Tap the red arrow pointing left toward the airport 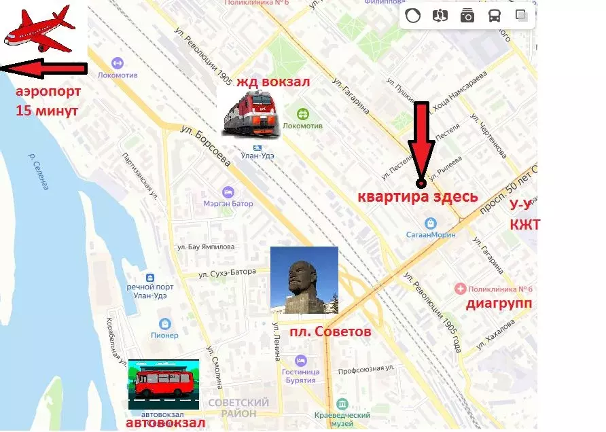click(x=44, y=69)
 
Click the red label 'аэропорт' click(x=48, y=92)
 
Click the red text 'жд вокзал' click(x=273, y=82)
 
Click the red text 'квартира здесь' click(x=418, y=198)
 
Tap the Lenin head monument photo click(x=304, y=280)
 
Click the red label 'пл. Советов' click(x=330, y=332)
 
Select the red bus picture click(x=163, y=384)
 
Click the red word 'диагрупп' click(x=499, y=304)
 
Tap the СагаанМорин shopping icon click(x=430, y=223)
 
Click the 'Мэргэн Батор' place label click(x=228, y=203)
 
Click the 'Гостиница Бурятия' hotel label click(x=301, y=375)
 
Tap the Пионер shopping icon click(x=164, y=324)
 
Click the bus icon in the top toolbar click(x=494, y=16)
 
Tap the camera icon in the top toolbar click(x=467, y=16)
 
